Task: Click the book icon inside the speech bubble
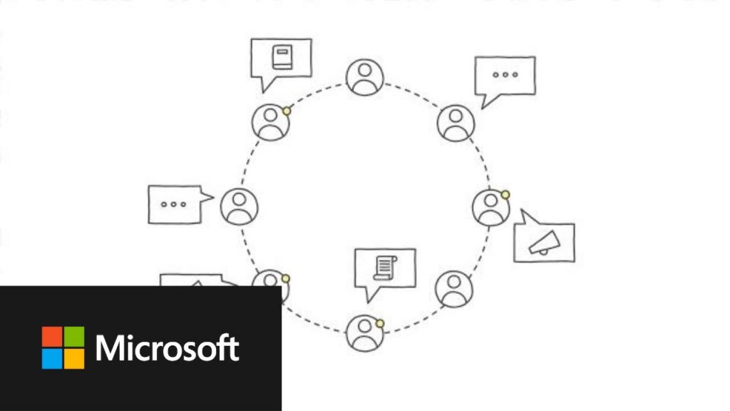pyautogui.click(x=282, y=57)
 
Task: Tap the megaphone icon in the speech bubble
pyautogui.click(x=545, y=243)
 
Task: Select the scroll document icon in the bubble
pyautogui.click(x=385, y=268)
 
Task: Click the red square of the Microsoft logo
pyautogui.click(x=52, y=337)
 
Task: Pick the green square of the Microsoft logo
pyautogui.click(x=74, y=337)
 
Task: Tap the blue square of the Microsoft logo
pyautogui.click(x=52, y=359)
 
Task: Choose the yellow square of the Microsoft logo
pyautogui.click(x=74, y=359)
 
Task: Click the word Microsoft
pyautogui.click(x=167, y=347)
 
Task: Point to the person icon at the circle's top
pyautogui.click(x=365, y=77)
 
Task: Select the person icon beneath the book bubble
pyautogui.click(x=270, y=123)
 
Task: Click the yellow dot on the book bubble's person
pyautogui.click(x=287, y=111)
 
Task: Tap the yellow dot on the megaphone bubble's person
pyautogui.click(x=505, y=194)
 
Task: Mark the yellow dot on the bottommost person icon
pyautogui.click(x=380, y=323)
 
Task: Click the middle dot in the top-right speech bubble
pyautogui.click(x=505, y=74)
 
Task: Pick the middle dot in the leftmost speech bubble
pyautogui.click(x=174, y=204)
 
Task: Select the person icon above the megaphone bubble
pyautogui.click(x=490, y=208)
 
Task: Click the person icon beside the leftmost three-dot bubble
pyautogui.click(x=240, y=206)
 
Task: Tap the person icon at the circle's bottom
pyautogui.click(x=365, y=333)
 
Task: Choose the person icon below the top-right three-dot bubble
pyautogui.click(x=456, y=123)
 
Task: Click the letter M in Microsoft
pyautogui.click(x=108, y=348)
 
